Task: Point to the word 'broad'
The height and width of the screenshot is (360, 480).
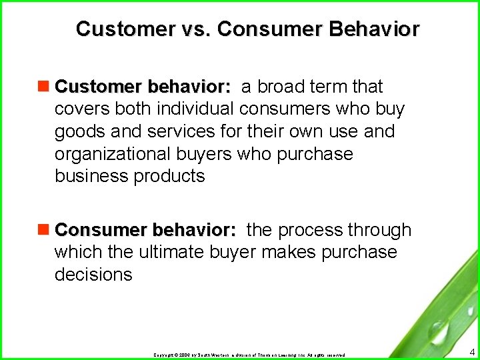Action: click(280, 87)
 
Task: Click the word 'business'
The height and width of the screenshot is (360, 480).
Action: click(91, 176)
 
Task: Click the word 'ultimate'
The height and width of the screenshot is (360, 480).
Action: click(173, 252)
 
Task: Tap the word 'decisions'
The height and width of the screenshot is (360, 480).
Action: click(93, 275)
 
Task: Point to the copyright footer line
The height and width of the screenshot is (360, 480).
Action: click(249, 355)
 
